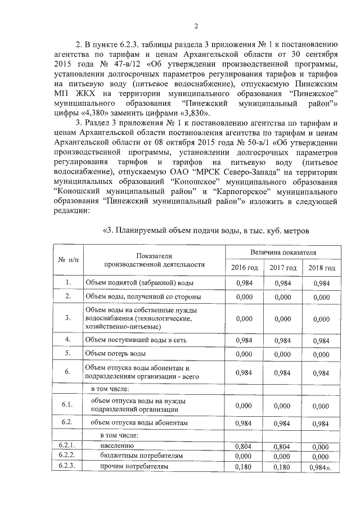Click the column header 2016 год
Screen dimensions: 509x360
(245, 267)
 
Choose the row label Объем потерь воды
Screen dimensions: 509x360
(115, 354)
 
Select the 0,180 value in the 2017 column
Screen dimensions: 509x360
(283, 466)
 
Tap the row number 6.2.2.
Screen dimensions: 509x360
(67, 456)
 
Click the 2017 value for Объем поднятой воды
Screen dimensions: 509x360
(283, 282)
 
